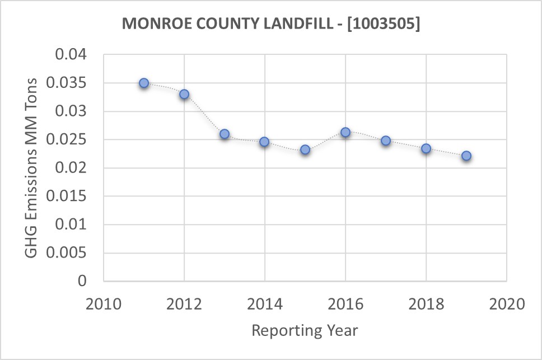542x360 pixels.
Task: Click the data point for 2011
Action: pos(144,83)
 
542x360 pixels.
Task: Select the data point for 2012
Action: pos(184,94)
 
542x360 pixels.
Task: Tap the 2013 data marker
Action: pos(225,134)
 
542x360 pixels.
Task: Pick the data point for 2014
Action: pos(264,142)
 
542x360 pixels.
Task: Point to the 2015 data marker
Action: pos(305,149)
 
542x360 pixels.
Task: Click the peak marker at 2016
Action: pos(345,132)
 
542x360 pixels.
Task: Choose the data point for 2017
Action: pos(386,141)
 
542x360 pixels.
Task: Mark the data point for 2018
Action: pos(426,148)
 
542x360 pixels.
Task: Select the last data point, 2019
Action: pos(466,156)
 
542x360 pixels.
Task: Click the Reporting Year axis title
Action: pos(305,330)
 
